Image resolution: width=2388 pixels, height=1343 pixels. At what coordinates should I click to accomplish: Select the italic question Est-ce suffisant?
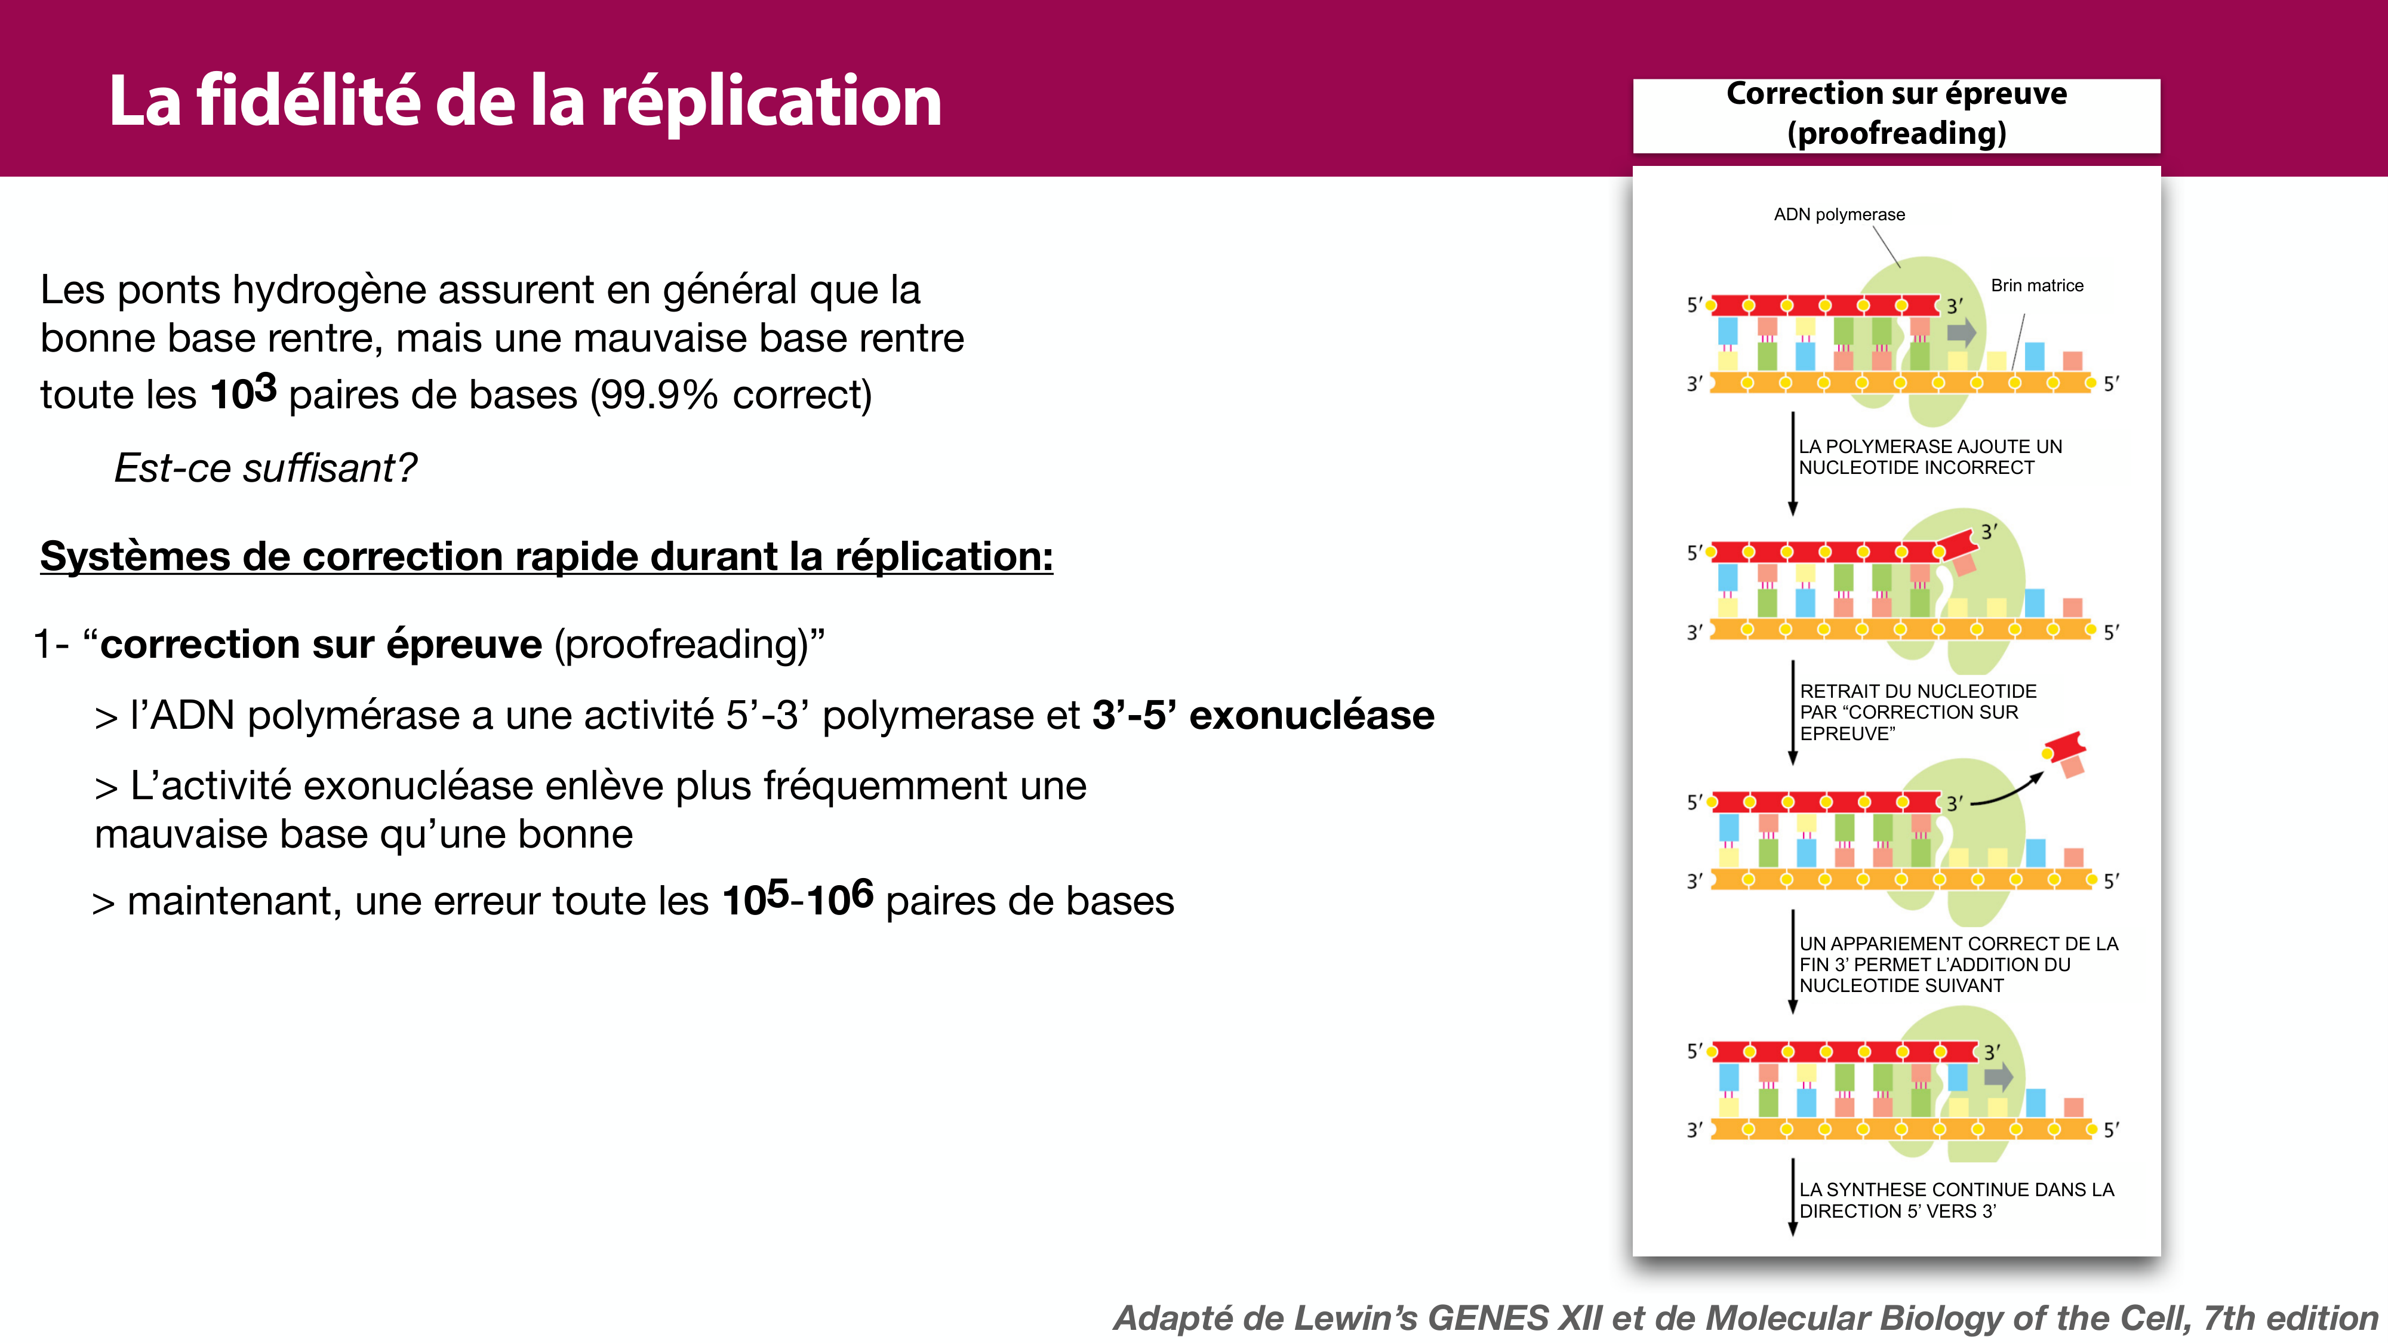tap(265, 468)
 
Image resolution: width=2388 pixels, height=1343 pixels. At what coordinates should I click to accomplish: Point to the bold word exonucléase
tap(1311, 716)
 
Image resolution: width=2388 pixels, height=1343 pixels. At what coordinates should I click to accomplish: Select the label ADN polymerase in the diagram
tap(1839, 215)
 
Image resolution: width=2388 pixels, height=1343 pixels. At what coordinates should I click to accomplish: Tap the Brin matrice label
tap(2036, 285)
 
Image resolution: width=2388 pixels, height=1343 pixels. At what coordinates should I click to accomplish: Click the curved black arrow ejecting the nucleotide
tap(2007, 793)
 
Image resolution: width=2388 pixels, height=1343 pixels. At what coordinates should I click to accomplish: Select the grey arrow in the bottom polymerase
tap(1999, 1076)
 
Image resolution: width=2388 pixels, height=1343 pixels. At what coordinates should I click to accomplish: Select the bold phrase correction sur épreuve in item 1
tap(321, 644)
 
